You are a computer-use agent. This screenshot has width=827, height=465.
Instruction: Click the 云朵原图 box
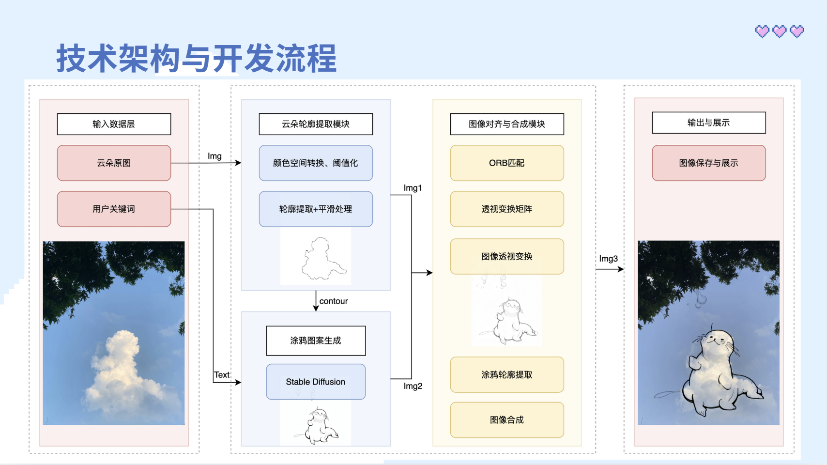tap(114, 163)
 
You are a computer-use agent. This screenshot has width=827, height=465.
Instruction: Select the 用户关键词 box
tap(114, 209)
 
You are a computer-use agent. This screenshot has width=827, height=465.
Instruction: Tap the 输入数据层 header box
tap(114, 124)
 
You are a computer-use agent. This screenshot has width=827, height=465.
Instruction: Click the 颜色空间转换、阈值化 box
tap(316, 163)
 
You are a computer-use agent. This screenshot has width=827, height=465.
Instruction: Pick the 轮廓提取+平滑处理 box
tap(316, 209)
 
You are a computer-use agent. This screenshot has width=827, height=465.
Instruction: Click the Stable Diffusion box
tap(316, 382)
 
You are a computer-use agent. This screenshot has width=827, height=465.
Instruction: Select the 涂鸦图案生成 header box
tap(316, 341)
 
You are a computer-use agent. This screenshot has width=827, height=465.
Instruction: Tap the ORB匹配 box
tap(507, 163)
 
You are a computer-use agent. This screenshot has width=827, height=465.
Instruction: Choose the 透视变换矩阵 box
tap(507, 209)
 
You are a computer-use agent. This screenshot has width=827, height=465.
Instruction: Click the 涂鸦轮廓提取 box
tap(507, 374)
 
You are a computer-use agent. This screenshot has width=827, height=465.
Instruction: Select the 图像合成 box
tap(507, 419)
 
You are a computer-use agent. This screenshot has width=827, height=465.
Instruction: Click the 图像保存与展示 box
tap(708, 163)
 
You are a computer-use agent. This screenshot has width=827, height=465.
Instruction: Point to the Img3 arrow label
tap(608, 259)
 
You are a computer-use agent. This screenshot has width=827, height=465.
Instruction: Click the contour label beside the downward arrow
tap(334, 301)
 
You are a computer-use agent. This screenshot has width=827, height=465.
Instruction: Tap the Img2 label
tap(413, 386)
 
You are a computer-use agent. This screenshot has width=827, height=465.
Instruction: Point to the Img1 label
tap(413, 188)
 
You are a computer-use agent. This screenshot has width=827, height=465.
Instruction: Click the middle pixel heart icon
tap(780, 31)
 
